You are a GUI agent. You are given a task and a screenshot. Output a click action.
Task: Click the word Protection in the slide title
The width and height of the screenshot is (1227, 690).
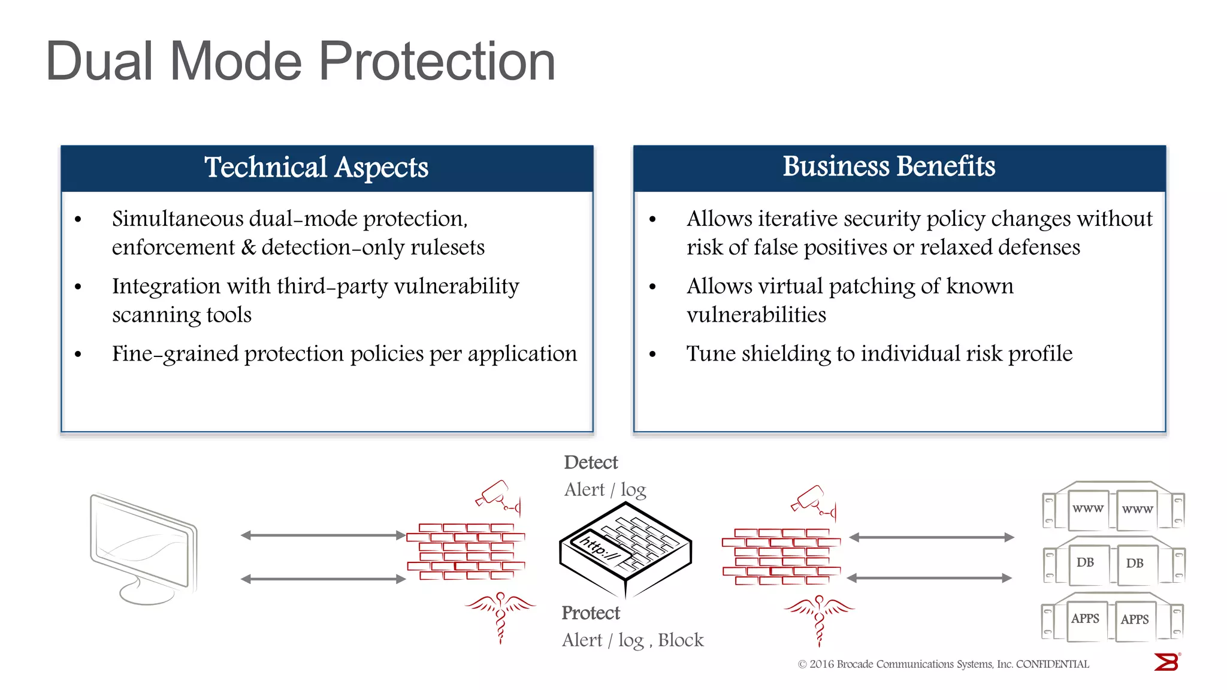coord(437,62)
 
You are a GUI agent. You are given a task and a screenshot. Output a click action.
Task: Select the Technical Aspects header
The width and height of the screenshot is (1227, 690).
coord(316,167)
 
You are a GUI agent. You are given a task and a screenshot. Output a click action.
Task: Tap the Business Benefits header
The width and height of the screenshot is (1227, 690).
coord(888,167)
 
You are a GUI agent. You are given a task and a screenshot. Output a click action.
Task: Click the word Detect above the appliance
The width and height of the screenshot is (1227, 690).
coord(591,462)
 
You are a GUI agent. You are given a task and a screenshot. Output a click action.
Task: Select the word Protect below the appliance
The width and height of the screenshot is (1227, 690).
coord(590,613)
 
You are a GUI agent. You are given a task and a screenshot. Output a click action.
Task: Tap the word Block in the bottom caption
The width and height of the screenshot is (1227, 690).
coord(681,640)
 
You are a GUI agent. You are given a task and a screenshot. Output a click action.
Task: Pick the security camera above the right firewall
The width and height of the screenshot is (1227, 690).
coord(813,501)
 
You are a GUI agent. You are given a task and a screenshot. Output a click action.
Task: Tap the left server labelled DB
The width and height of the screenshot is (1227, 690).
coord(1085,563)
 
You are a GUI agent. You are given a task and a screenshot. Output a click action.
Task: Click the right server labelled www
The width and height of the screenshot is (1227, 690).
coord(1137,510)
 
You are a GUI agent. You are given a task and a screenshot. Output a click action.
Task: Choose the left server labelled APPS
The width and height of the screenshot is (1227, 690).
coord(1085,619)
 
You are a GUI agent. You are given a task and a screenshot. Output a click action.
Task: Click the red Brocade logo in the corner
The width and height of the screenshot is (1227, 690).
coord(1166,662)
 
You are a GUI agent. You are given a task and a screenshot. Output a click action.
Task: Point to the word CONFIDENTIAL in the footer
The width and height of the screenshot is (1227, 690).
coord(1053,664)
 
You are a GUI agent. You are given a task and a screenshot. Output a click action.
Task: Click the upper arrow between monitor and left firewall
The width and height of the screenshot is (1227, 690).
coord(323,535)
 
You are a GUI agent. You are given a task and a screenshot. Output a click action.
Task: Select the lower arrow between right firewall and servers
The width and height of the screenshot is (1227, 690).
coord(930,578)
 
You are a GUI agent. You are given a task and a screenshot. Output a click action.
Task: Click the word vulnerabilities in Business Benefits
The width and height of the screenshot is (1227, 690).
coord(756,315)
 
